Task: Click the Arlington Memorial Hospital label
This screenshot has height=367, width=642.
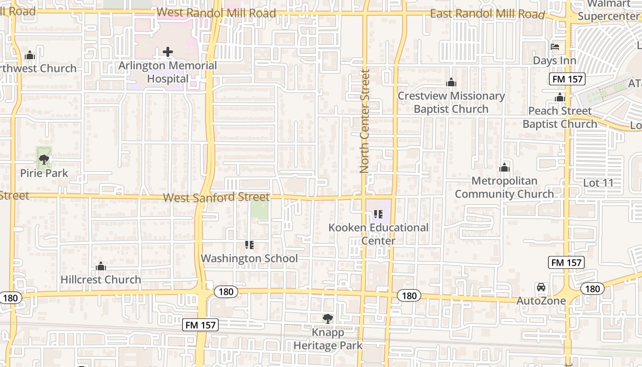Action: point(168,72)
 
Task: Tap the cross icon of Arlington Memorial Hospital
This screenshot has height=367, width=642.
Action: point(168,52)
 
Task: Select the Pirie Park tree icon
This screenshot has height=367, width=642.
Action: point(44,160)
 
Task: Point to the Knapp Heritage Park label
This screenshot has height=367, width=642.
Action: point(328,339)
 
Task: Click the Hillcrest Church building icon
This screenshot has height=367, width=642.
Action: point(101,266)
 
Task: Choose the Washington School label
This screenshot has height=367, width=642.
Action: point(249,258)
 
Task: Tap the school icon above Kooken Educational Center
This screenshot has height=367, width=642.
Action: point(378,214)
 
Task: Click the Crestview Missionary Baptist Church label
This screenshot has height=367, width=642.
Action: point(451,102)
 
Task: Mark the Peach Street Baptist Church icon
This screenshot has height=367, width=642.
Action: point(559,97)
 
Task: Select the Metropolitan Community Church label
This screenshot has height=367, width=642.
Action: point(504,187)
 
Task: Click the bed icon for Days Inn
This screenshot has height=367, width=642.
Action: point(554,47)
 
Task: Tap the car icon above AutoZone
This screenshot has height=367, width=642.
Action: point(541,288)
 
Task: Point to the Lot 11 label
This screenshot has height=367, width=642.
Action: point(598,183)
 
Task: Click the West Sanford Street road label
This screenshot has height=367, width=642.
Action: point(216,197)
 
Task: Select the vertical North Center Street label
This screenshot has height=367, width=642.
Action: point(365,121)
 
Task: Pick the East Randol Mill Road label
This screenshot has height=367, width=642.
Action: point(487,14)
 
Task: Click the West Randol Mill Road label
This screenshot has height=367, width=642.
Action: point(216,13)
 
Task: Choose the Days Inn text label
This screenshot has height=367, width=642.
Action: point(554,61)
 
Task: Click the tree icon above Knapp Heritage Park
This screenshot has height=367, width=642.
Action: point(327,318)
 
